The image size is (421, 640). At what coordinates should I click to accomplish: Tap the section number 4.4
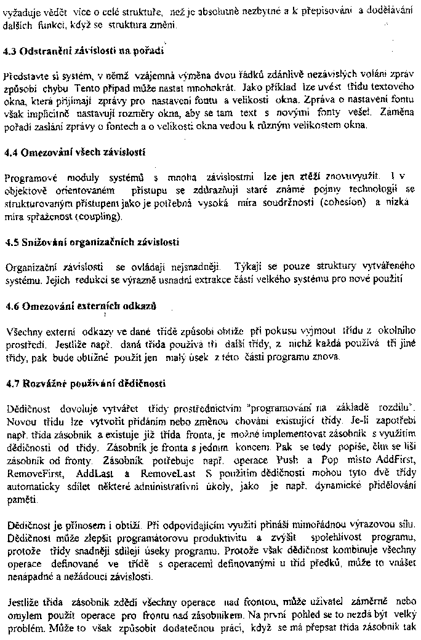pos(10,152)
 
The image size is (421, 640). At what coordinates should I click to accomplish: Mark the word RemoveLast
pos(169,474)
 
